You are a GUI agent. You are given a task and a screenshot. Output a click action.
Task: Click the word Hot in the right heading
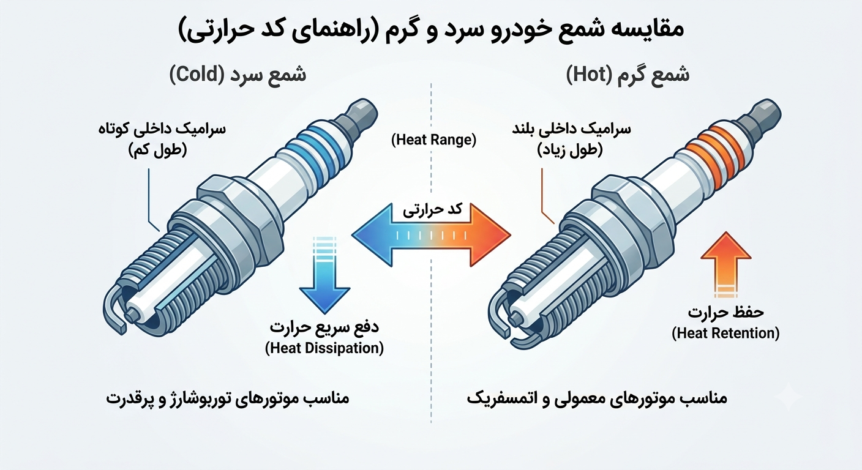[588, 75]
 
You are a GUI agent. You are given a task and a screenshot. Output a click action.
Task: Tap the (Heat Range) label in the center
[433, 140]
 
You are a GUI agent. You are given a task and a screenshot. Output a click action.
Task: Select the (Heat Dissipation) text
[324, 348]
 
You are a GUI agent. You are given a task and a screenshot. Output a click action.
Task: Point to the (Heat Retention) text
[725, 333]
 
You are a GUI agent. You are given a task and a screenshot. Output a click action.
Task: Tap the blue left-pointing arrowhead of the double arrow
[372, 234]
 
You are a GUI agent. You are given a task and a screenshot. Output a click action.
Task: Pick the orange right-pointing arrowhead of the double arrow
[490, 234]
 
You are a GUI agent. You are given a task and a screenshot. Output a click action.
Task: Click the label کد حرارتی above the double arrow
[432, 211]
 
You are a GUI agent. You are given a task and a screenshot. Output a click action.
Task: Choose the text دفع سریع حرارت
[324, 327]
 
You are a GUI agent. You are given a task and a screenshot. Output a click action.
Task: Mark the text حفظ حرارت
[725, 312]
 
